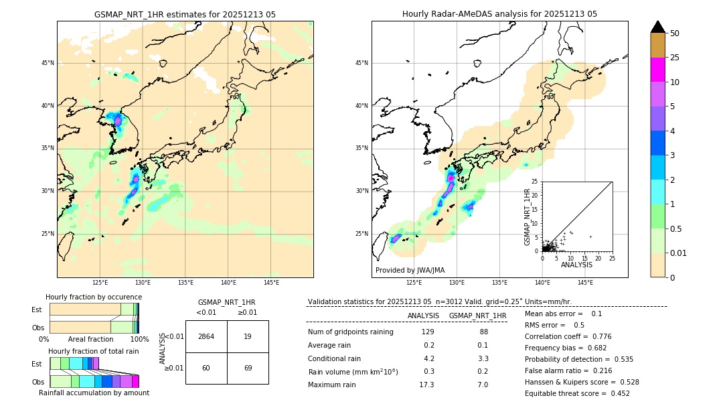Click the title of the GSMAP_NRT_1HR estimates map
[x=185, y=14]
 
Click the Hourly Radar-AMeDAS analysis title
[x=499, y=14]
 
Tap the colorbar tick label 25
[x=675, y=58]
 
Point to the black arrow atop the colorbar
[x=658, y=27]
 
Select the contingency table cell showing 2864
[x=206, y=336]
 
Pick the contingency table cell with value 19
[x=248, y=336]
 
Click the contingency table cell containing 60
[x=206, y=368]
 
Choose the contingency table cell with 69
[x=248, y=368]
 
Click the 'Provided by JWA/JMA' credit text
[x=410, y=270]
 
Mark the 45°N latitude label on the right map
[x=361, y=63]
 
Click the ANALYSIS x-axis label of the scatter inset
[x=576, y=265]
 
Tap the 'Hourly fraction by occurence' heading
[x=94, y=297]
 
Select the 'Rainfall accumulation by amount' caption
[x=94, y=393]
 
